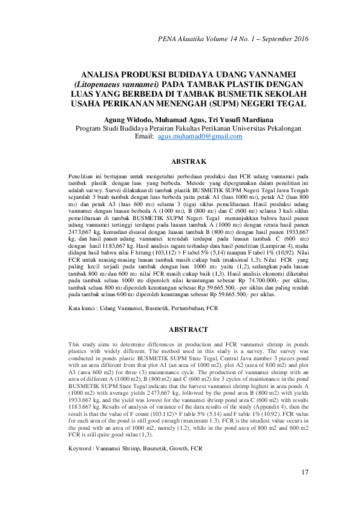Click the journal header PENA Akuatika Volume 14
click(206, 39)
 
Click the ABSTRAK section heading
click(190, 162)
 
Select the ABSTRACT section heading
click(190, 330)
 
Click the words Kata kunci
click(83, 310)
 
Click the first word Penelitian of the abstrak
click(84, 175)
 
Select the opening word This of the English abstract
click(74, 343)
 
